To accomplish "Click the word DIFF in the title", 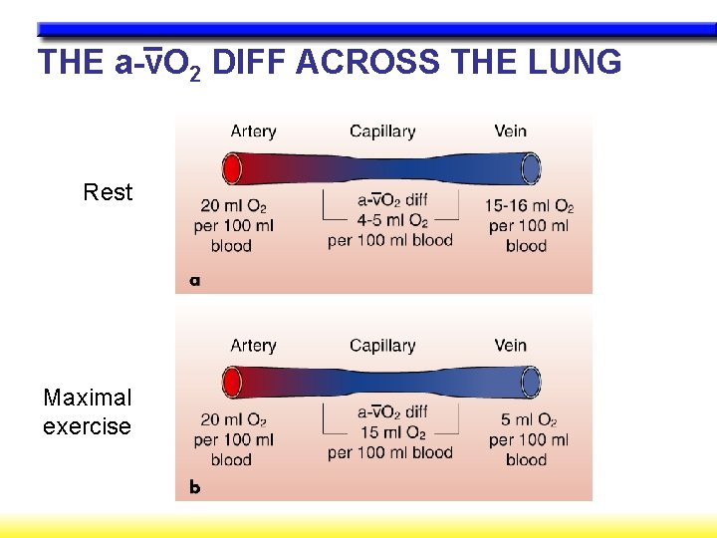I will pos(250,62).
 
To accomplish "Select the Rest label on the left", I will pos(108,192).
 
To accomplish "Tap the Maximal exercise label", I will pos(87,411).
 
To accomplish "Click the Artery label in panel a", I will pos(253,131).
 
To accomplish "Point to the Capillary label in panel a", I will pos(381,131).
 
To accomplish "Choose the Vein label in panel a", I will pos(510,131).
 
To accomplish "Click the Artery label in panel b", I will pos(253,346).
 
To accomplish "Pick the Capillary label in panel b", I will pos(381,346).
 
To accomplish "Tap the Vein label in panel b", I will pos(510,346).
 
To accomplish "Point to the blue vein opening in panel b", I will pos(532,382).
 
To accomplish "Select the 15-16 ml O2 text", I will pos(529,206).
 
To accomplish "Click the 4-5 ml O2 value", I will pos(390,221).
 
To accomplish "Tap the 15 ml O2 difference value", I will pos(390,433).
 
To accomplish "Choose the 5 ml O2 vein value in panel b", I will pos(529,420).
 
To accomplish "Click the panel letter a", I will pos(195,281).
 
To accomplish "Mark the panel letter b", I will pos(195,488).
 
